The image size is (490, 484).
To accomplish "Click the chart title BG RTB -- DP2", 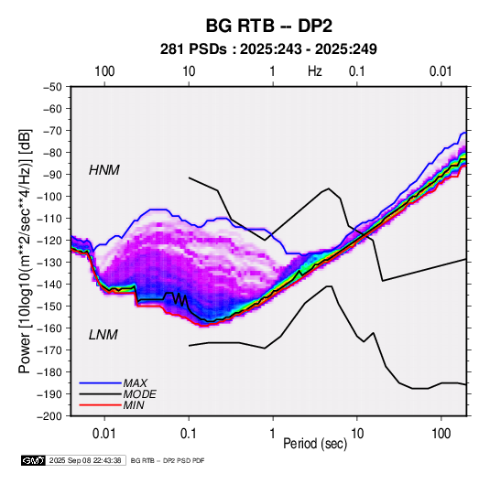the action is (x=268, y=26).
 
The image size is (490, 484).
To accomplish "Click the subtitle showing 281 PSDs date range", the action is (x=268, y=49).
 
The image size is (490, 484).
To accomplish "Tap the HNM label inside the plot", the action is (x=104, y=170).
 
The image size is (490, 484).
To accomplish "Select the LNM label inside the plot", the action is (x=103, y=335).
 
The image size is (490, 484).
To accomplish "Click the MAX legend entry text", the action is (x=135, y=382).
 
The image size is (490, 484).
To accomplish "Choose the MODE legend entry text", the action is (x=140, y=394).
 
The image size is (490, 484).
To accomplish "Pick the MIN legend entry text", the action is (x=134, y=405).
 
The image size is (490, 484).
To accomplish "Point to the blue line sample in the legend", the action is (x=100, y=382).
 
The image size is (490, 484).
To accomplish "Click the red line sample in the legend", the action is (x=100, y=405).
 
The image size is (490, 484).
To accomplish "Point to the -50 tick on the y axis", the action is (x=52, y=87).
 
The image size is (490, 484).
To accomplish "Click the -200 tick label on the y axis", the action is (x=49, y=416).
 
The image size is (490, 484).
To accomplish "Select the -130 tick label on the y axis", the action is (x=49, y=263).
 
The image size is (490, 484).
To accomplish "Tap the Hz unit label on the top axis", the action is (x=315, y=71).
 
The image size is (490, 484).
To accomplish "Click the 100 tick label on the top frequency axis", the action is (x=104, y=71).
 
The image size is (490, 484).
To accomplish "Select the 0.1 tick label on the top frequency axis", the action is (x=357, y=71).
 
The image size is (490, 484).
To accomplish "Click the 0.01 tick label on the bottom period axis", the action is (x=104, y=434).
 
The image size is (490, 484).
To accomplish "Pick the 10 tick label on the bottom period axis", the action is (x=357, y=434).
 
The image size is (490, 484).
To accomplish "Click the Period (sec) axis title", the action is (x=315, y=444).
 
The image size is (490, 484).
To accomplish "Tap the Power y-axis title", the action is (x=25, y=252).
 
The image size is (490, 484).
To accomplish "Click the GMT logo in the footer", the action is (x=34, y=460).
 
